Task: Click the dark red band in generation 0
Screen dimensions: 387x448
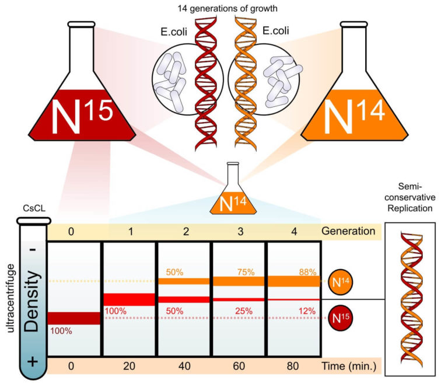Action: [74, 318]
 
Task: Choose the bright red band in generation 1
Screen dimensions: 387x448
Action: [129, 299]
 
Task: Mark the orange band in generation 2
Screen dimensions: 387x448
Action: [184, 281]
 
